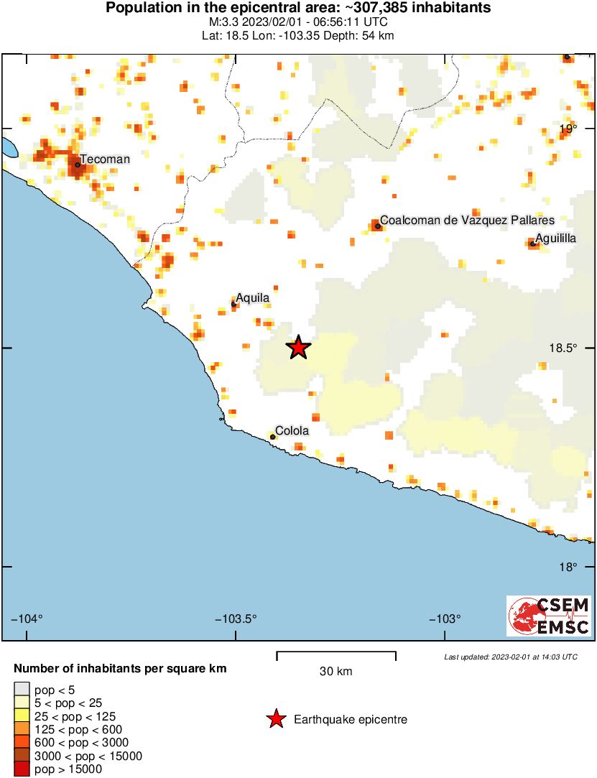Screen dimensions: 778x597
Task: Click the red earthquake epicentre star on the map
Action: tap(298, 348)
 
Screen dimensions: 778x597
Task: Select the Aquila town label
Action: tap(253, 297)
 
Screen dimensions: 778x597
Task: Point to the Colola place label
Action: tap(292, 431)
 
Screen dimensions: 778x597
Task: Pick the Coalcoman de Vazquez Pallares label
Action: tap(467, 220)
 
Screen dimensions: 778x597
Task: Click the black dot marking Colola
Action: tap(273, 437)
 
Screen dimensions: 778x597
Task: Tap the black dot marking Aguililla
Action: tap(532, 244)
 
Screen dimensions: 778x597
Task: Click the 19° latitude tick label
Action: tap(568, 129)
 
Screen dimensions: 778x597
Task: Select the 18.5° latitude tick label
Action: tap(563, 348)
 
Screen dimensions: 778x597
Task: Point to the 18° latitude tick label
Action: tap(568, 568)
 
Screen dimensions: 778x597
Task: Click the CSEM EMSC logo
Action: tap(549, 616)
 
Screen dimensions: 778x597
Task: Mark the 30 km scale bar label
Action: tap(335, 672)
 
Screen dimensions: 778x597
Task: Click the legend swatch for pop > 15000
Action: tap(22, 769)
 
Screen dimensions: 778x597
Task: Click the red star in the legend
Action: tap(275, 719)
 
